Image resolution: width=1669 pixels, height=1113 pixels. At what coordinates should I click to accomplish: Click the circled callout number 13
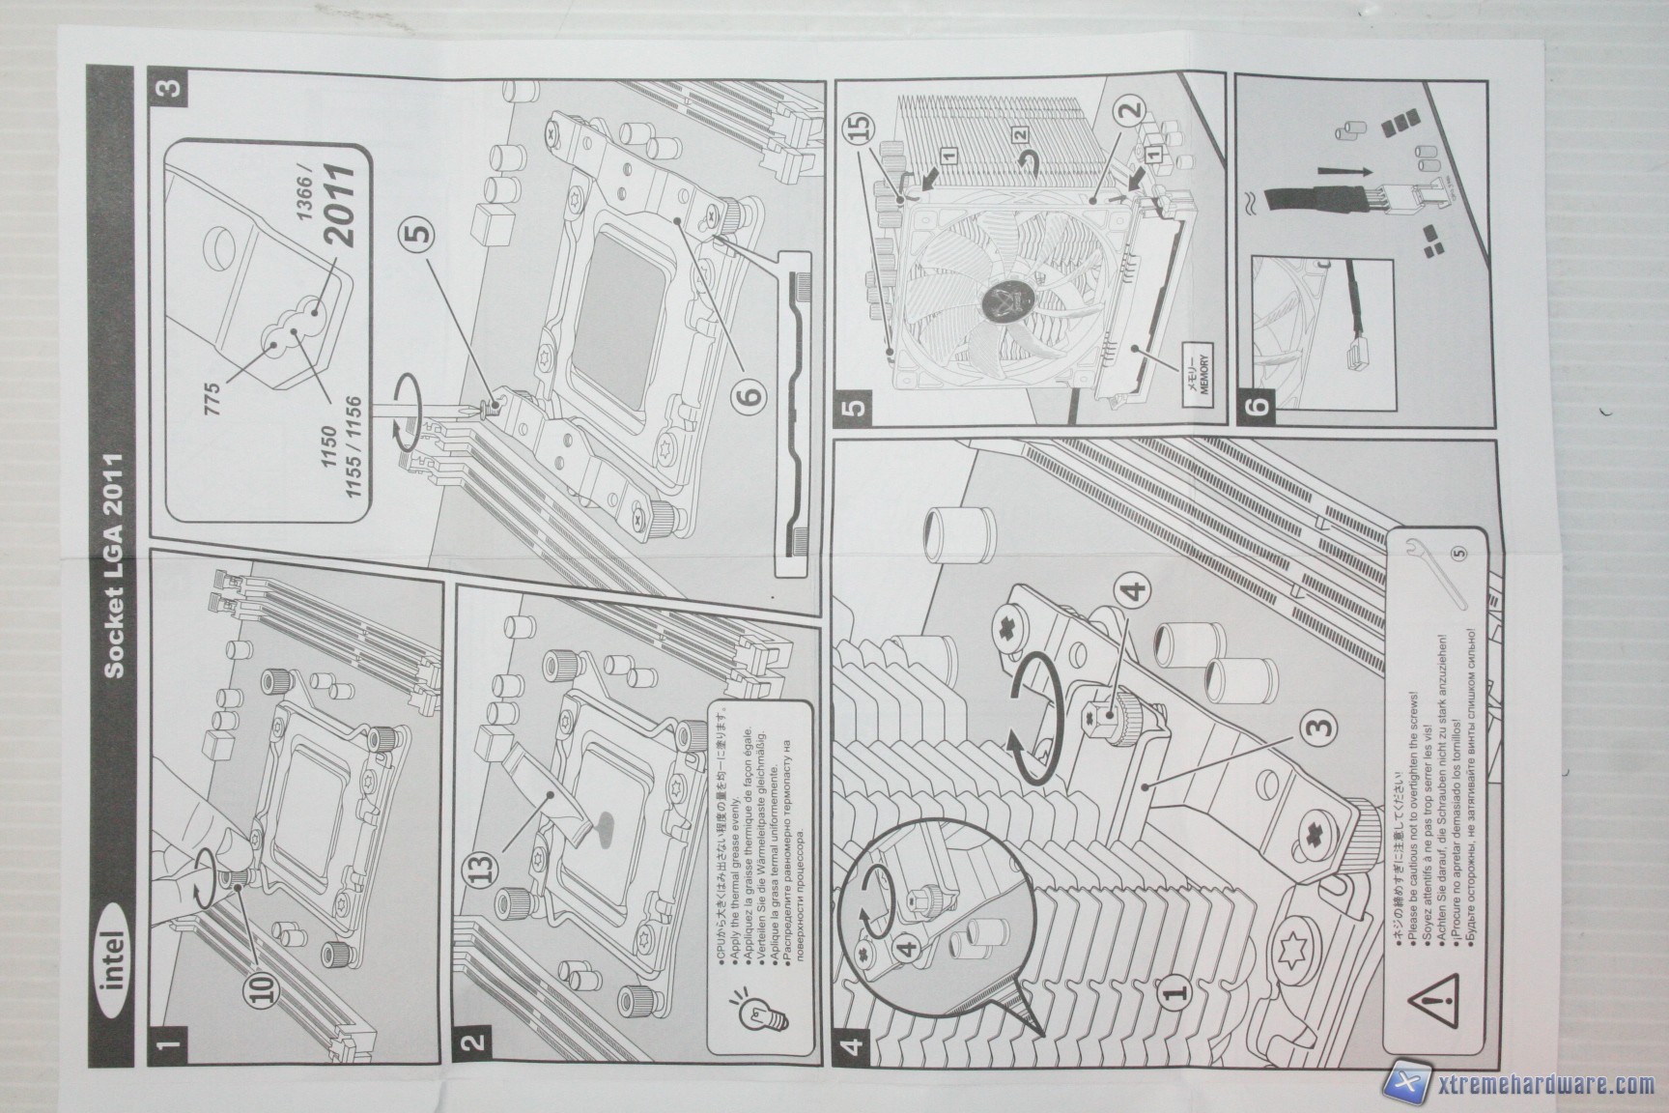coord(490,853)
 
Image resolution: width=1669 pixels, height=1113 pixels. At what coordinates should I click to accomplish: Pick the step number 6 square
coord(1257,403)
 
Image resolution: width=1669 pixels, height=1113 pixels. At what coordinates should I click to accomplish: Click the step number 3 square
coord(167,88)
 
